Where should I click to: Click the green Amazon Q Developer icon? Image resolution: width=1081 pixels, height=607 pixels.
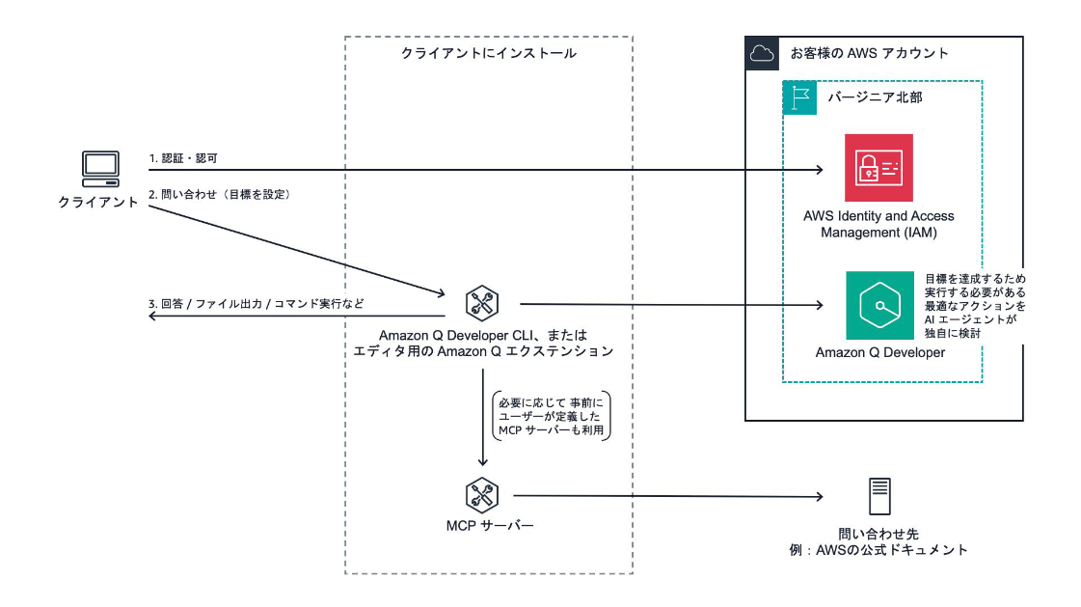pos(878,305)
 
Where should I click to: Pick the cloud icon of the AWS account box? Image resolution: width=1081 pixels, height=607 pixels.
pos(761,53)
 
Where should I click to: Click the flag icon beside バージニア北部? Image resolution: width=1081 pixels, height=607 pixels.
pos(798,97)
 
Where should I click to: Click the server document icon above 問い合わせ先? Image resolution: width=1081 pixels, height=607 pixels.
pos(878,498)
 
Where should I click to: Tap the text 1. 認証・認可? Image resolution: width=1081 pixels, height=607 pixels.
pos(189,157)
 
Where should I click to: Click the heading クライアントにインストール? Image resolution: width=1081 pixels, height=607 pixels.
pos(488,53)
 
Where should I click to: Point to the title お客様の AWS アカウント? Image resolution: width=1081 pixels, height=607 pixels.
pos(869,53)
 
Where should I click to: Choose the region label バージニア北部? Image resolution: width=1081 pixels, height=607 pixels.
pos(868,97)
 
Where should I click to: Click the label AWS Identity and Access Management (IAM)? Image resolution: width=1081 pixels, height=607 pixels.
pos(878,224)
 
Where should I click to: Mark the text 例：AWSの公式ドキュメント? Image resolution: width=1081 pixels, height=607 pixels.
pos(878,550)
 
